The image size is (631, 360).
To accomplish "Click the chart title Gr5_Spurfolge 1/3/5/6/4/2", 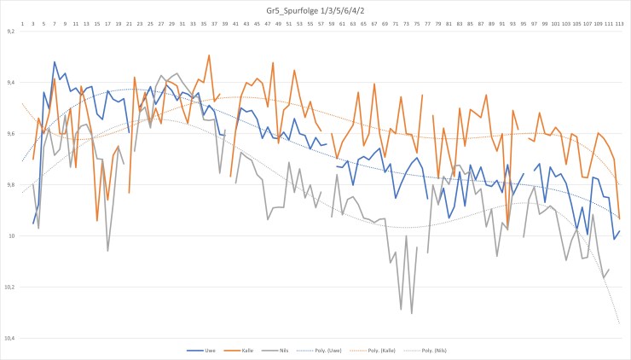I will (315, 9).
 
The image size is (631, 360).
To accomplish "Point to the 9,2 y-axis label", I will (10, 32).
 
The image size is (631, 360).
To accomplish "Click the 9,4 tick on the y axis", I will (10, 83).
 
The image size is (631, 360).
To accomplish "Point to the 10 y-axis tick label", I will (12, 236).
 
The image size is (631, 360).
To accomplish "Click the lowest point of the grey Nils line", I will (412, 313).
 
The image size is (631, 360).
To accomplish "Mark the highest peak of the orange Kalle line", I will (209, 55).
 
